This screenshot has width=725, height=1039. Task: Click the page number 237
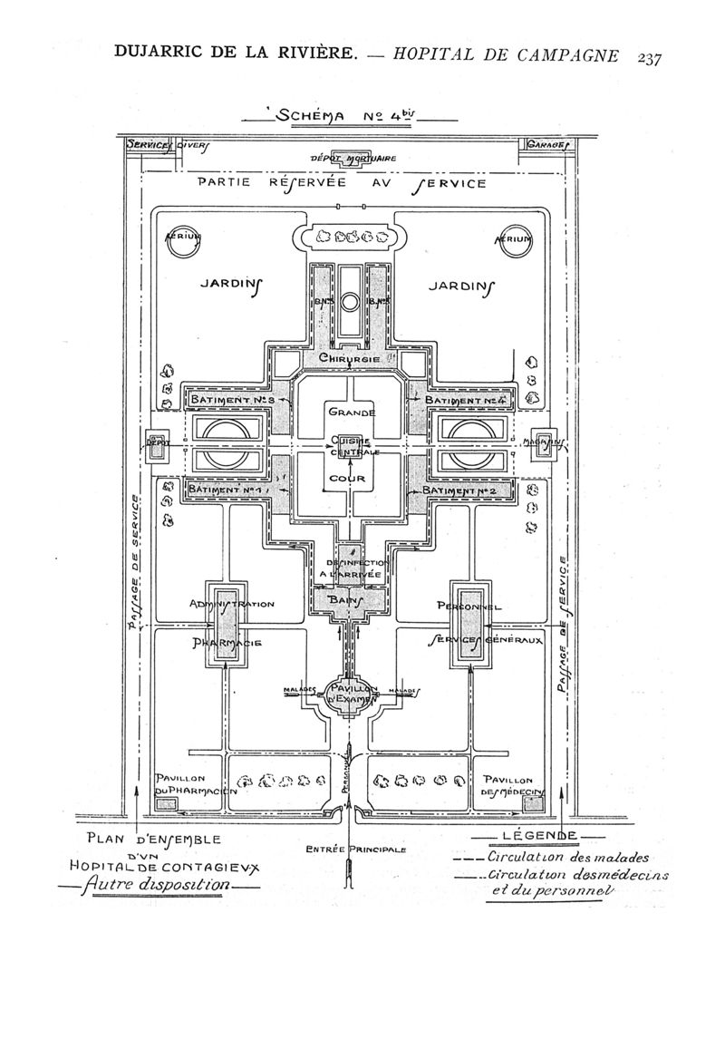[649, 58]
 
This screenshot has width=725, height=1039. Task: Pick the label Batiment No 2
[467, 490]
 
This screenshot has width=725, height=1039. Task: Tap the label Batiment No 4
[467, 400]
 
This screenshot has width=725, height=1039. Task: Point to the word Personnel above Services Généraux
[469, 604]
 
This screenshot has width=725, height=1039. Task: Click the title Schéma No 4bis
[347, 117]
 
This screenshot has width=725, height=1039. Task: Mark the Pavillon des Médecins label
[512, 786]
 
